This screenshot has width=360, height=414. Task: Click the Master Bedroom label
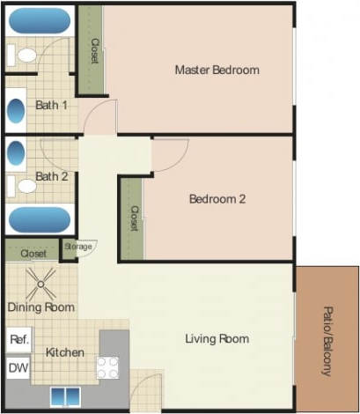(217, 70)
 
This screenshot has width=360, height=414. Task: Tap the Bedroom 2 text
(217, 199)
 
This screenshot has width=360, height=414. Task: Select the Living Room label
(217, 339)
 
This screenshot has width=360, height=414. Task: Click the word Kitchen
(65, 352)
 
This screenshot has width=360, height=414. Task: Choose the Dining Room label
(40, 307)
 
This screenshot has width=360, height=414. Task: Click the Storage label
(77, 247)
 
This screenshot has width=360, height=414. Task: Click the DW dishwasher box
(18, 366)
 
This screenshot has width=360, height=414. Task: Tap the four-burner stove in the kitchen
(107, 367)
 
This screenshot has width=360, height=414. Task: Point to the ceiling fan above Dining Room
(40, 282)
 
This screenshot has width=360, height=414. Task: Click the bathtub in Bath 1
(39, 20)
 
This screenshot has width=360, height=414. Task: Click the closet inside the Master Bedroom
(92, 51)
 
